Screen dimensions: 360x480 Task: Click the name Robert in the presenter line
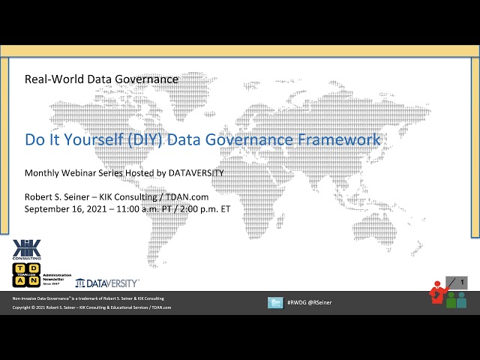[40, 196]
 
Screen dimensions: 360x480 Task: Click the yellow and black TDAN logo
[26, 274]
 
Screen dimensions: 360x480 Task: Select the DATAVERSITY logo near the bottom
[107, 283]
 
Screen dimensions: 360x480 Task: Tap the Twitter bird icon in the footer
[275, 302]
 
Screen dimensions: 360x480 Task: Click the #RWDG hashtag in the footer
[297, 303]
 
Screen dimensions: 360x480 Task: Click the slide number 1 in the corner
[462, 283]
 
